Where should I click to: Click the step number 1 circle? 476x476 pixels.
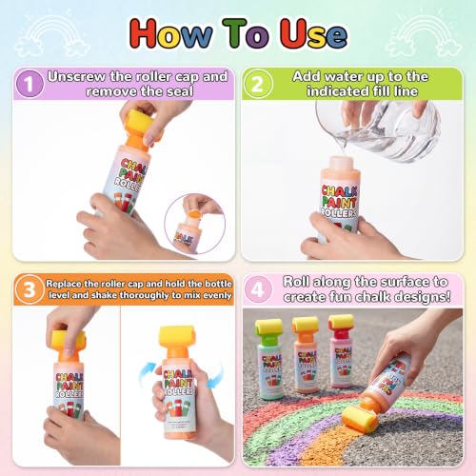[30, 84]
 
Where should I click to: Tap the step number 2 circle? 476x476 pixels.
[257, 84]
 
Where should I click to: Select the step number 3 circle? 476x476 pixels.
[30, 289]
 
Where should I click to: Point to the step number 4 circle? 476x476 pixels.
[258, 289]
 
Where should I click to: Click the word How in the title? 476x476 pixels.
[170, 33]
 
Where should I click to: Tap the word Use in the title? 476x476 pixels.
[313, 33]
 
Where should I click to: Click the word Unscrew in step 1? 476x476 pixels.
[77, 76]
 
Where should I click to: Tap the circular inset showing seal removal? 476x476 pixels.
[194, 224]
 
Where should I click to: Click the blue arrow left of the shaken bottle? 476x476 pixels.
[148, 373]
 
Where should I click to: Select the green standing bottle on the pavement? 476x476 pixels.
[269, 359]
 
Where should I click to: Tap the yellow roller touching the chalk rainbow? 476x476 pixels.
[360, 420]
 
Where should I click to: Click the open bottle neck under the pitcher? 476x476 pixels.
[341, 164]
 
